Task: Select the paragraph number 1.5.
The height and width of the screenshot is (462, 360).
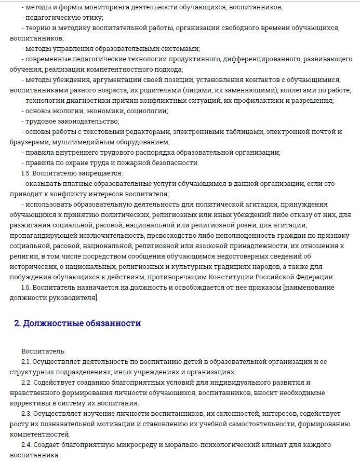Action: point(26,173)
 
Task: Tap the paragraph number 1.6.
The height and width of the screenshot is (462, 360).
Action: point(26,287)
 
